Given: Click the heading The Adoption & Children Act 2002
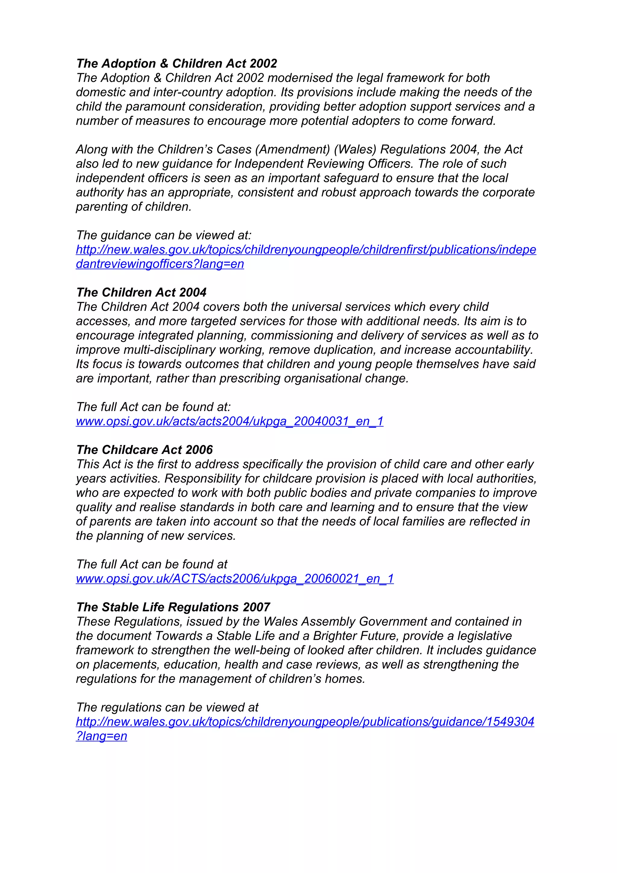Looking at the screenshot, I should [x=177, y=64].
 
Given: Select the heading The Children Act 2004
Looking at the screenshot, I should [x=141, y=293].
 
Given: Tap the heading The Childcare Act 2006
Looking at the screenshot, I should [x=145, y=450].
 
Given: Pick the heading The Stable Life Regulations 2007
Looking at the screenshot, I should [x=173, y=607].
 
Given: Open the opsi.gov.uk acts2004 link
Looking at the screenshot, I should [x=230, y=421].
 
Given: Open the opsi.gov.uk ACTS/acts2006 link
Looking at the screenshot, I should [x=235, y=579].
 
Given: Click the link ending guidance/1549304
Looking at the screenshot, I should [x=305, y=722].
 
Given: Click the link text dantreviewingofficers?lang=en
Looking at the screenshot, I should [x=160, y=264].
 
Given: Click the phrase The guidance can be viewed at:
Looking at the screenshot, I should [x=164, y=235].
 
